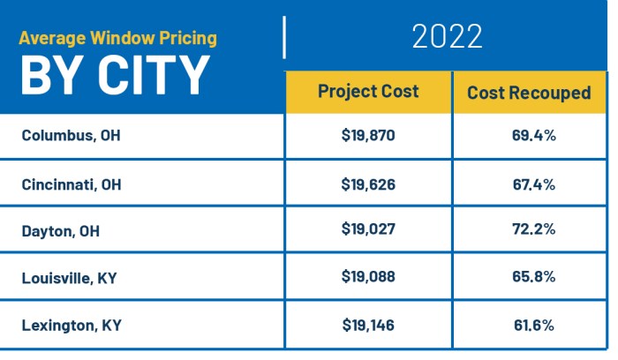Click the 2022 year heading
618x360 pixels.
click(447, 37)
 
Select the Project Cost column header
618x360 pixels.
click(368, 92)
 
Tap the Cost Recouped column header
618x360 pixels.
click(529, 93)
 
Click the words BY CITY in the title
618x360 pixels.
click(116, 75)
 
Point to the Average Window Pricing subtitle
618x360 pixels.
click(117, 39)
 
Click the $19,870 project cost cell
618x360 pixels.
click(368, 137)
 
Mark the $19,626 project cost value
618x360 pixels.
click(368, 184)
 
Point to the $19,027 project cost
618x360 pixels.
click(368, 231)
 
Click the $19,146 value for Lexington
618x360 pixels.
click(368, 326)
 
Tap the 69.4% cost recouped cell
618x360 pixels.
click(533, 137)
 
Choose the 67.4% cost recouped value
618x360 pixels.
click(533, 184)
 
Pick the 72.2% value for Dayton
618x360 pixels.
click(533, 231)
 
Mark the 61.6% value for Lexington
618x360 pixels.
click(533, 326)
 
